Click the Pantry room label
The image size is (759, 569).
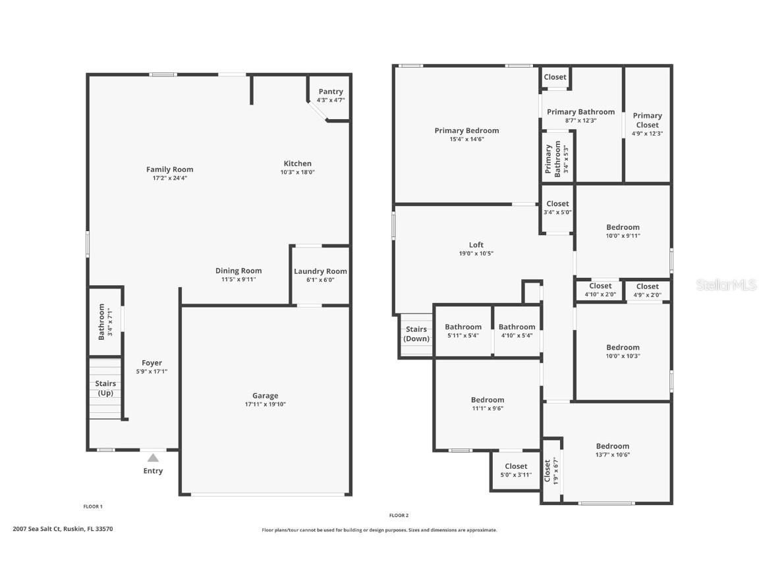pos(331,92)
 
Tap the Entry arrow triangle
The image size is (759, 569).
pos(153,458)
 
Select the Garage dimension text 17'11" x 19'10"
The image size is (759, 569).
pos(265,404)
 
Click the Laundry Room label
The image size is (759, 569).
pos(320,271)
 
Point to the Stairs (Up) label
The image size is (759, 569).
pos(105,388)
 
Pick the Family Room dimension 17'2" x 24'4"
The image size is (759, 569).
pos(169,178)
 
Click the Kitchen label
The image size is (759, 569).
pos(298,163)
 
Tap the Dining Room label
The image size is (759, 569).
pos(239,271)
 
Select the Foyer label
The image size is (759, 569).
pos(152,363)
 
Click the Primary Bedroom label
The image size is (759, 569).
pos(466,130)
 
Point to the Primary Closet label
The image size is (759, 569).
pos(647,120)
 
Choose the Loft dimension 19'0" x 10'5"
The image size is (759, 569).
pos(476,254)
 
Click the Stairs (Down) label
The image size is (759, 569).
pos(416,334)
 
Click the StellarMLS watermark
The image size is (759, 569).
pos(726,284)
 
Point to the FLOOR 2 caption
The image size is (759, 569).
pos(399,516)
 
